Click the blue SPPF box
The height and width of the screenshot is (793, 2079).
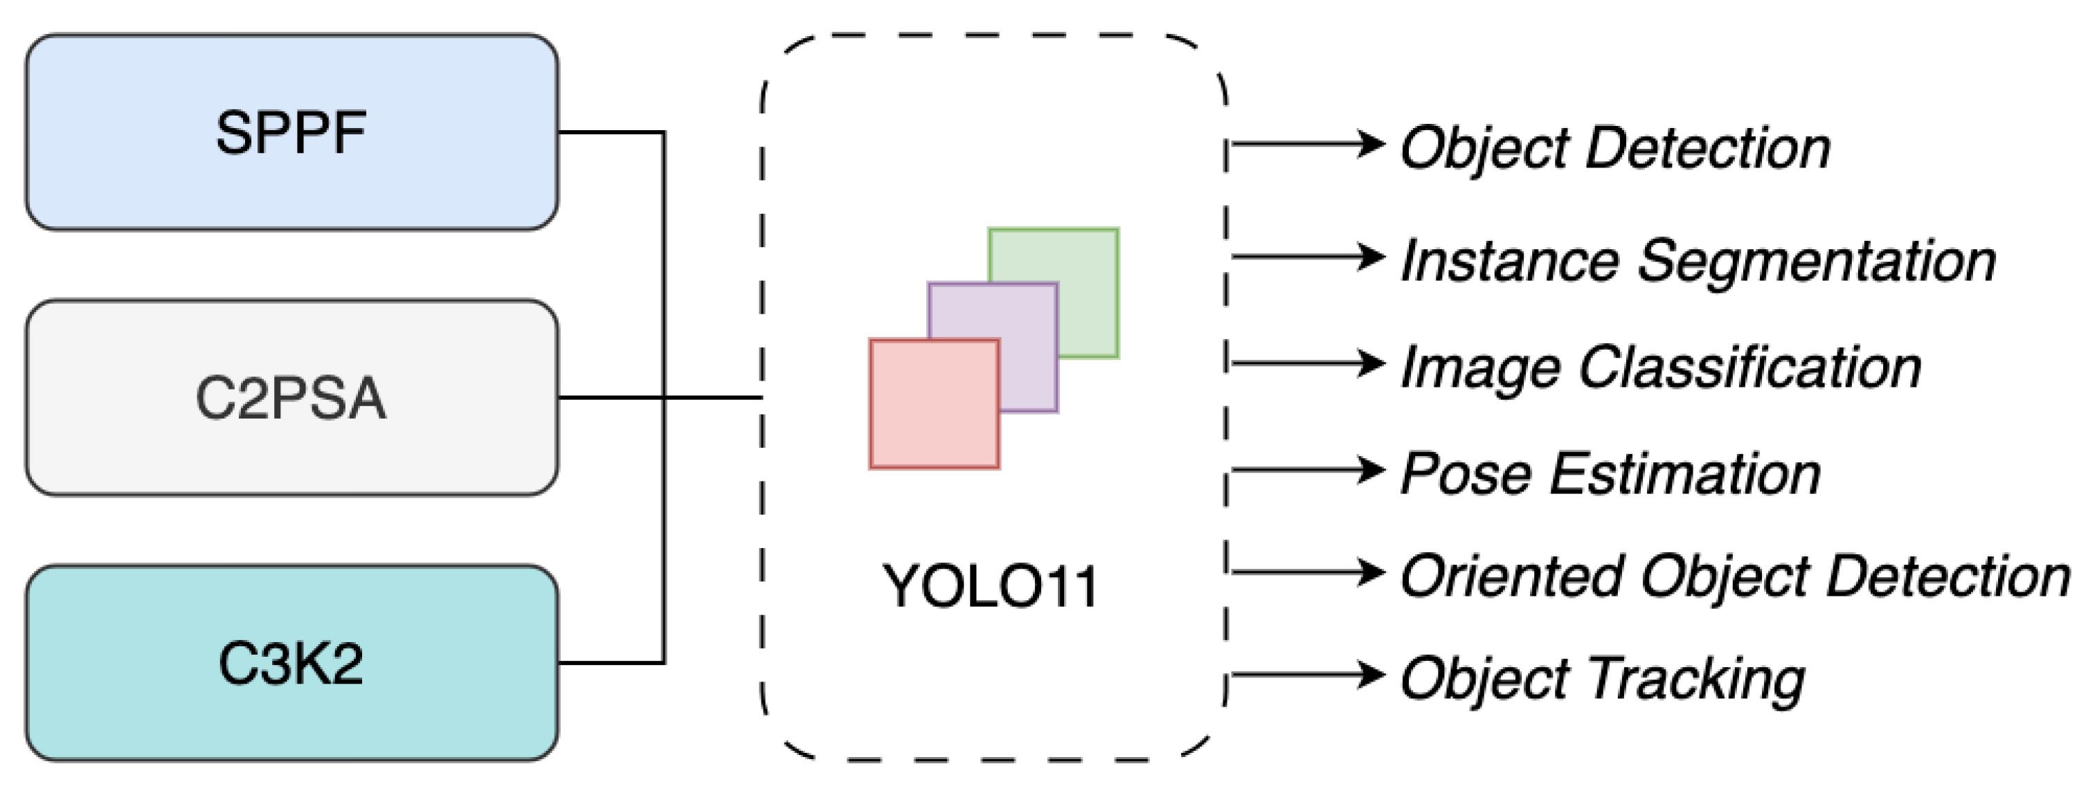point(291,132)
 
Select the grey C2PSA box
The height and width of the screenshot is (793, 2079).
point(291,398)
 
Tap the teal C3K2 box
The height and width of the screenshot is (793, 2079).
point(291,663)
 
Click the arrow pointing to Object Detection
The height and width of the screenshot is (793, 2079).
point(1308,144)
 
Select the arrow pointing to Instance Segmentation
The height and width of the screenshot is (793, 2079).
point(1308,257)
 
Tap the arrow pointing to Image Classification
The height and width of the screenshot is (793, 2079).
point(1308,363)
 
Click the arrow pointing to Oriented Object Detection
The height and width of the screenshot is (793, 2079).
point(1308,572)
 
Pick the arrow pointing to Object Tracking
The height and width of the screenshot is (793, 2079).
point(1308,675)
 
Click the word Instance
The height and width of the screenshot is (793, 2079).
point(1509,262)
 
